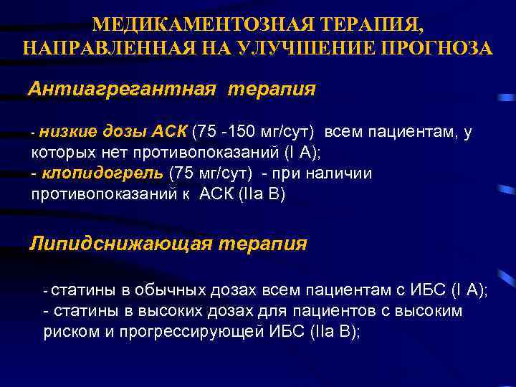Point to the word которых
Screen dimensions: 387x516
pos(60,153)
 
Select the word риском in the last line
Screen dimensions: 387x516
pos(65,332)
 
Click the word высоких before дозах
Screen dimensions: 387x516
pos(171,311)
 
